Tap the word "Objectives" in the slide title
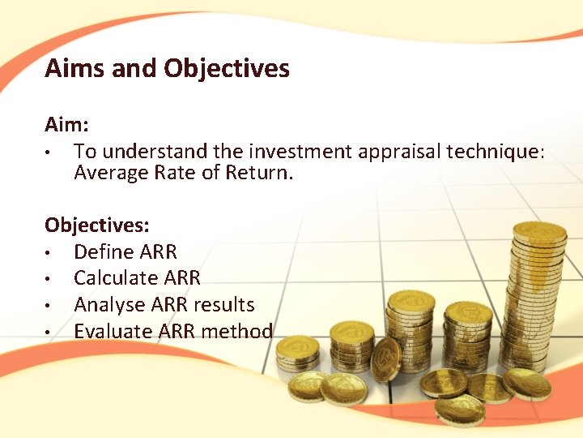[x=227, y=68]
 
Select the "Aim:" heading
[x=66, y=125]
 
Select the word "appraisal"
[x=379, y=151]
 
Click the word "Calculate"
[x=113, y=278]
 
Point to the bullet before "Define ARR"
[x=49, y=252]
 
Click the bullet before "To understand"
[x=49, y=152]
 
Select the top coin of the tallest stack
[x=539, y=231]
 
